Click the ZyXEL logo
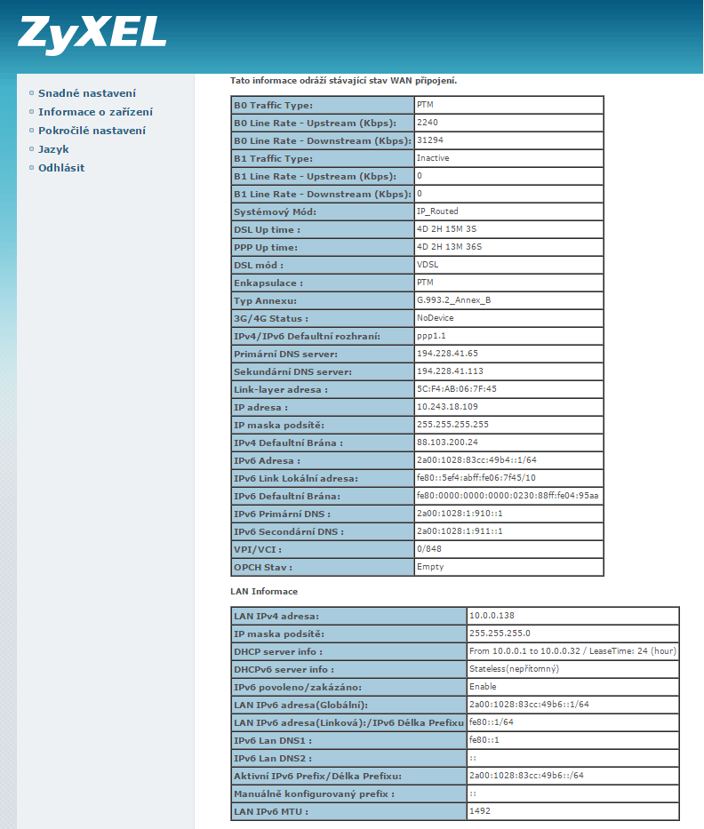pos(92,33)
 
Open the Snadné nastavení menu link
pos(86,93)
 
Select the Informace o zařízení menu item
pos(95,112)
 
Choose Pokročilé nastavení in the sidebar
pos(92,131)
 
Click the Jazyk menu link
pos(53,149)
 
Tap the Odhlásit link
pos(61,168)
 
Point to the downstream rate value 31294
pos(429,140)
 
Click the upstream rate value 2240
pos(428,123)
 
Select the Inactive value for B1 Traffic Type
pos(433,158)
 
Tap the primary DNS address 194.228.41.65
pos(447,354)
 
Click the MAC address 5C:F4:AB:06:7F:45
pos(456,389)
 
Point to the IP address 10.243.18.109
pos(446,407)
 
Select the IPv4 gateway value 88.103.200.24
pos(447,442)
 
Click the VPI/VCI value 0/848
pos(428,549)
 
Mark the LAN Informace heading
pos(264,591)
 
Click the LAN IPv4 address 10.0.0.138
pos(492,616)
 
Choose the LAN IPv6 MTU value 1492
pos(479,811)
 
